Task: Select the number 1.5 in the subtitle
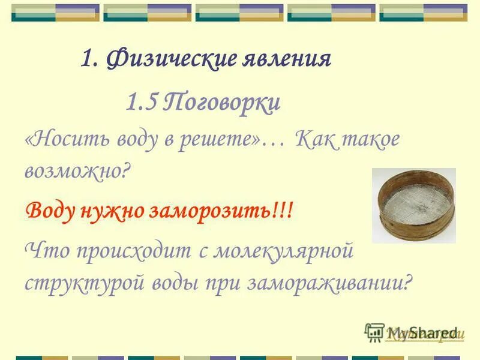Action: [x=142, y=103]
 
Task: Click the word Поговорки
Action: [x=223, y=103]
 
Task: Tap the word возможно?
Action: [x=77, y=172]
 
